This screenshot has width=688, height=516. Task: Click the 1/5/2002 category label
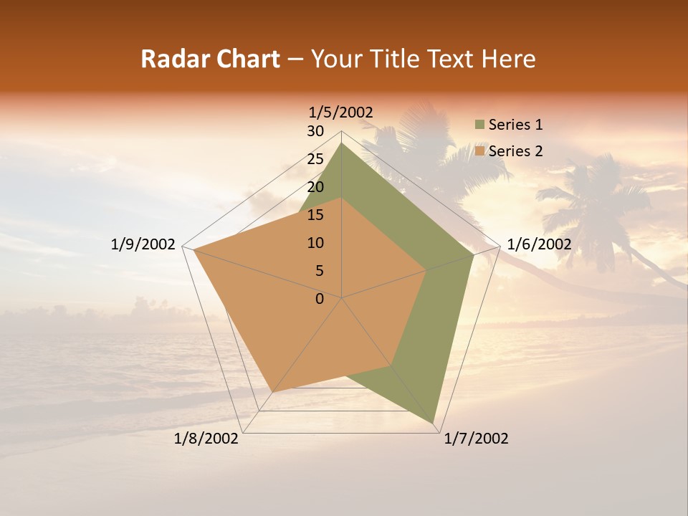coord(341,112)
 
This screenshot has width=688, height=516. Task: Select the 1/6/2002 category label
coord(539,244)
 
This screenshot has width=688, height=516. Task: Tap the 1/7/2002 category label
coord(476,439)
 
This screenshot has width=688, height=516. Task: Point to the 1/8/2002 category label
coord(206,439)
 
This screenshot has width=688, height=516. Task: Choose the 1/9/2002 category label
coord(143,244)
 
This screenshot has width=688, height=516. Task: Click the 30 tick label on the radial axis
coord(315,131)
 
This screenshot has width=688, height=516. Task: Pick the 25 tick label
coord(315,159)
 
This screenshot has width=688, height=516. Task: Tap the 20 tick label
coord(315,187)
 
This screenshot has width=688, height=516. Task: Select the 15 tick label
coord(315,215)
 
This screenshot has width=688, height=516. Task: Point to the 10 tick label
coord(315,243)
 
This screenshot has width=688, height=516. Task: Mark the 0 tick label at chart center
coord(320,299)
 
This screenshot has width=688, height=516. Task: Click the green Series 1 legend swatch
coord(479,125)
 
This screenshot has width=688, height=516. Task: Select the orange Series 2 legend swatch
coord(479,151)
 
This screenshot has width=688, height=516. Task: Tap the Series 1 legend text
coord(515,125)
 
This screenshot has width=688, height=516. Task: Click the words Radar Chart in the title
coord(210,59)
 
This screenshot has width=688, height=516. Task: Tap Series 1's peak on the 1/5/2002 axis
coord(341,143)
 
